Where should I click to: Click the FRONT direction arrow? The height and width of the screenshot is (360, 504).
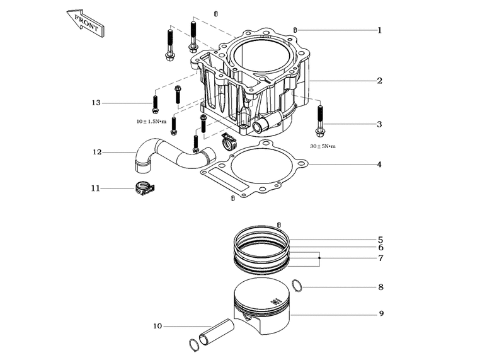point(86,23)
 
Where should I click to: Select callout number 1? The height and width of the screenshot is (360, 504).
point(380,30)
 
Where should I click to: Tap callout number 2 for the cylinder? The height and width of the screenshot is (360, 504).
point(380,81)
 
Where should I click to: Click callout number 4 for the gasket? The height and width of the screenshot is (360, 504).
point(379,165)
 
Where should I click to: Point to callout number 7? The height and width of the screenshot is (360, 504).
point(381,258)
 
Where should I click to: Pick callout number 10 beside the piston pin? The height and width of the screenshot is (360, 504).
point(157,326)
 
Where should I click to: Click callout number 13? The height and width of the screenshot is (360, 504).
point(96,103)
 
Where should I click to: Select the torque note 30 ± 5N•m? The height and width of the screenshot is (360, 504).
point(323,146)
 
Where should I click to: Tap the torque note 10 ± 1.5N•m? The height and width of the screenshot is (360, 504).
point(151,122)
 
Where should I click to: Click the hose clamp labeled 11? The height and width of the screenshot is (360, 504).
point(144,189)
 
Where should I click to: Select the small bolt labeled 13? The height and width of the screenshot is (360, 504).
point(155,105)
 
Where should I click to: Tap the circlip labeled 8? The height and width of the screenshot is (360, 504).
point(297,286)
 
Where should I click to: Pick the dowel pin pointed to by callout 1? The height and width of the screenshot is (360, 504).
point(295,30)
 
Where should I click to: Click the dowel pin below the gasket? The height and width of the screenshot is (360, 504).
point(232,198)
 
